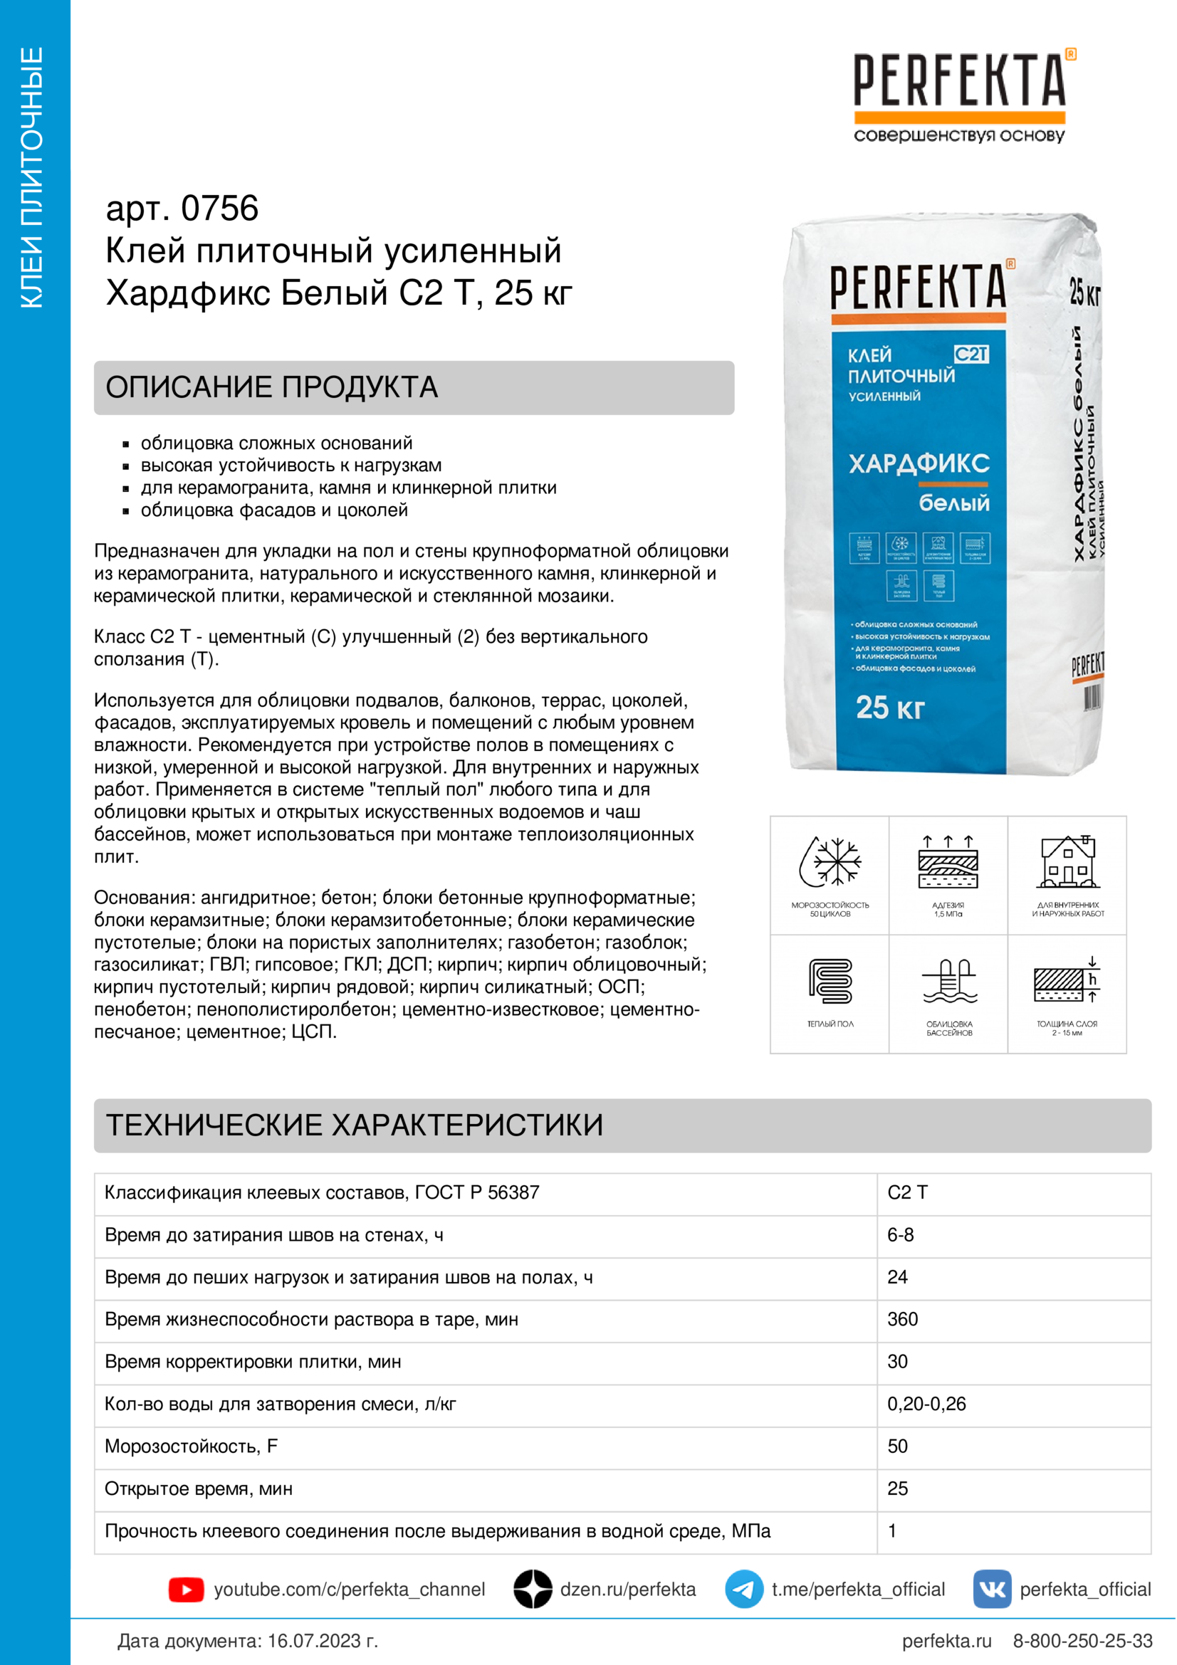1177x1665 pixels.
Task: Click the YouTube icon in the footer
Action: [187, 1590]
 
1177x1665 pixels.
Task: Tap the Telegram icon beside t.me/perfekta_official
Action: [744, 1590]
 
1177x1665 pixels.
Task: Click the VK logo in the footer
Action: [992, 1590]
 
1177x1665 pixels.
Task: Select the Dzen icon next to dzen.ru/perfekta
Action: [533, 1590]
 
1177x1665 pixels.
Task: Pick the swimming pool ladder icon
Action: [948, 980]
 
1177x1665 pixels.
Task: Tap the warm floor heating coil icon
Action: [830, 980]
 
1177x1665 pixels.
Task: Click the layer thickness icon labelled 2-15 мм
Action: [1067, 980]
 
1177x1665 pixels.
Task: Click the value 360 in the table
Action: [903, 1319]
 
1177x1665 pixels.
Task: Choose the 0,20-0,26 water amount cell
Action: [927, 1404]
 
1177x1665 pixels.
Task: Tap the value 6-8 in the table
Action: [901, 1235]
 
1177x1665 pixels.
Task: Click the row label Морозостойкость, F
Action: [192, 1446]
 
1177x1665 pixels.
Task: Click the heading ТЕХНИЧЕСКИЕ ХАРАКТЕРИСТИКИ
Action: [355, 1125]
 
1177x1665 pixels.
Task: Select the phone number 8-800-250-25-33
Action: [1083, 1641]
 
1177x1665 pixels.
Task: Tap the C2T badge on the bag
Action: [971, 354]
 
